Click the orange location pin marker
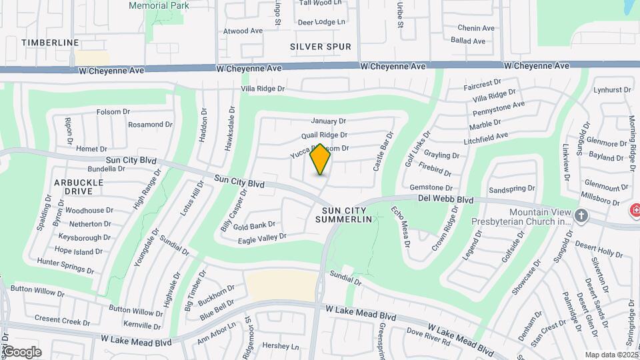[x=320, y=159]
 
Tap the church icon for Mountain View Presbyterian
[x=582, y=215]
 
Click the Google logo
[x=21, y=352]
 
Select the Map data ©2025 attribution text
[x=611, y=355]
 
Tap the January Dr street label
[x=329, y=121]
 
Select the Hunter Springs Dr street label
[x=65, y=266]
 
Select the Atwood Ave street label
[x=243, y=31]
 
